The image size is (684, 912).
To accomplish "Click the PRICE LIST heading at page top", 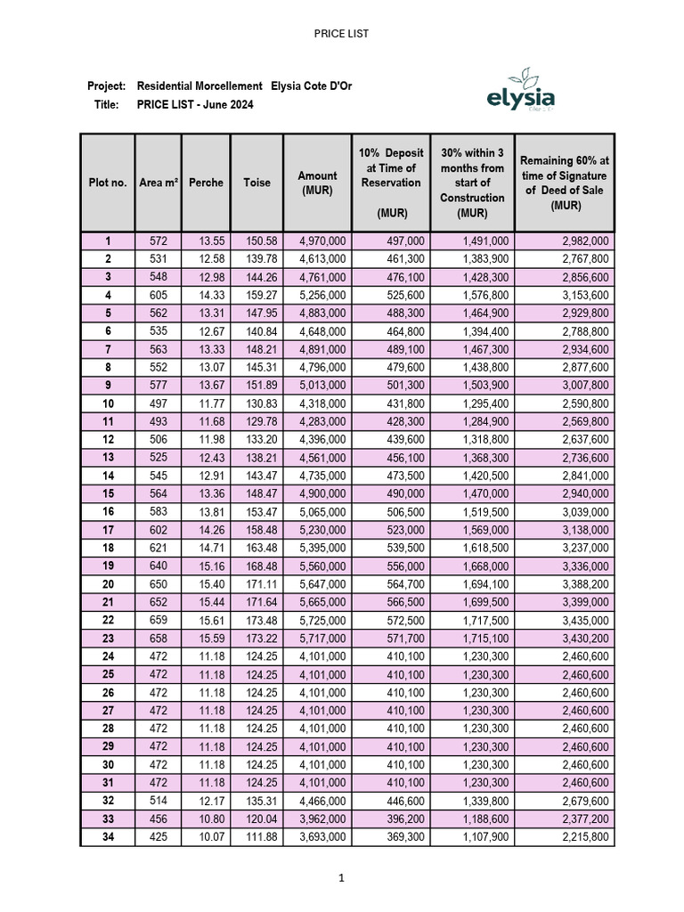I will tap(341, 34).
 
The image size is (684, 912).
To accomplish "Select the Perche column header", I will tap(206, 183).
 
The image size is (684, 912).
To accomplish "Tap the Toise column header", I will tap(256, 183).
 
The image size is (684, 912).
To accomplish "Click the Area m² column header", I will tap(158, 183).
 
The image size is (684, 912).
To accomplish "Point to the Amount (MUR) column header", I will tap(317, 183).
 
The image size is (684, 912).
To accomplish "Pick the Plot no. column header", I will tap(107, 183).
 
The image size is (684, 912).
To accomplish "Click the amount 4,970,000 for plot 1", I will tap(323, 241).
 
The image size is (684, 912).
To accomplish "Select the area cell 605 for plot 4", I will tap(158, 295).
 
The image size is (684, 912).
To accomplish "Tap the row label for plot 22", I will tap(107, 619).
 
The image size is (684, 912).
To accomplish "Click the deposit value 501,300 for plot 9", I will tap(405, 385).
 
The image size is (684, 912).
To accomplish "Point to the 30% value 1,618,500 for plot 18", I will tap(485, 547).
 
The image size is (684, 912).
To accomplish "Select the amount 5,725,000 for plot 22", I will tap(323, 619).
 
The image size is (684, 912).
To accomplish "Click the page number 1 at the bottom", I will tap(341, 878).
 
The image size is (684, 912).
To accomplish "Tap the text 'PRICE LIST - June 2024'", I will tap(195, 104).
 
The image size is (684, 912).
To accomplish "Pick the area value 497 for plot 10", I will tap(158, 403).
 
